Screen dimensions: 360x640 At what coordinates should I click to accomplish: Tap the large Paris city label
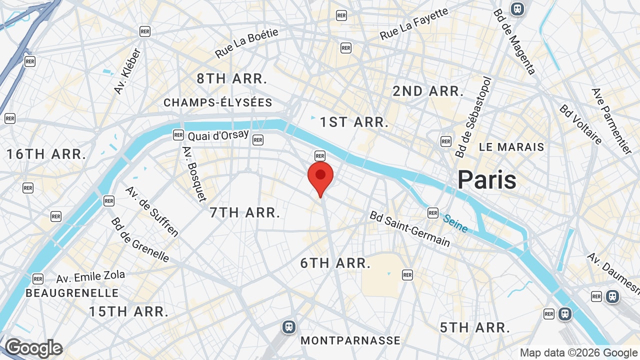pyautogui.click(x=486, y=179)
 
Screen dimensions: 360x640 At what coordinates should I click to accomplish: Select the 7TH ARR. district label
pyautogui.click(x=244, y=212)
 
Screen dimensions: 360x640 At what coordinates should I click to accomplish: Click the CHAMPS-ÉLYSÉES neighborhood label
pyautogui.click(x=218, y=102)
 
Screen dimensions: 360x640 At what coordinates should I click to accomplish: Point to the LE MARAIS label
pyautogui.click(x=511, y=147)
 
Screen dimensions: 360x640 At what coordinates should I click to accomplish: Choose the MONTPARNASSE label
pyautogui.click(x=350, y=340)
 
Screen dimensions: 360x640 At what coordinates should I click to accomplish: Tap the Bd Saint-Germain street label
pyautogui.click(x=409, y=228)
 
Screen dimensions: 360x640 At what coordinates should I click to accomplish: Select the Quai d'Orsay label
pyautogui.click(x=218, y=135)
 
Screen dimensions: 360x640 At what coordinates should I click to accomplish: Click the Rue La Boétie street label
pyautogui.click(x=246, y=43)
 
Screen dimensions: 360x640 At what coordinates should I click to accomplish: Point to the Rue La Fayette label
pyautogui.click(x=414, y=24)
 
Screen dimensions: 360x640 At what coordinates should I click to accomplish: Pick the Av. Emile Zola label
pyautogui.click(x=90, y=276)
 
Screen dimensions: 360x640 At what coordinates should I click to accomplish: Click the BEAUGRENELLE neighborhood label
pyautogui.click(x=72, y=293)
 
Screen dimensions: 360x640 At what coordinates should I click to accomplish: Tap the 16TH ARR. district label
pyautogui.click(x=46, y=154)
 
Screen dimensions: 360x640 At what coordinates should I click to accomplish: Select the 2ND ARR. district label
pyautogui.click(x=428, y=91)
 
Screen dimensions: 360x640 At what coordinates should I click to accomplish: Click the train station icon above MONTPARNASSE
pyautogui.click(x=288, y=327)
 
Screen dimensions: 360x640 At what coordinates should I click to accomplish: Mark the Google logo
pyautogui.click(x=33, y=348)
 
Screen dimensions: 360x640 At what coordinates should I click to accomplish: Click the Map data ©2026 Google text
pyautogui.click(x=579, y=353)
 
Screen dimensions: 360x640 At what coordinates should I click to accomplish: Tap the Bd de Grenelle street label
pyautogui.click(x=140, y=239)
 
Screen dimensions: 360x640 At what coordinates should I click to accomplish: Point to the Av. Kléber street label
pyautogui.click(x=128, y=70)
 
